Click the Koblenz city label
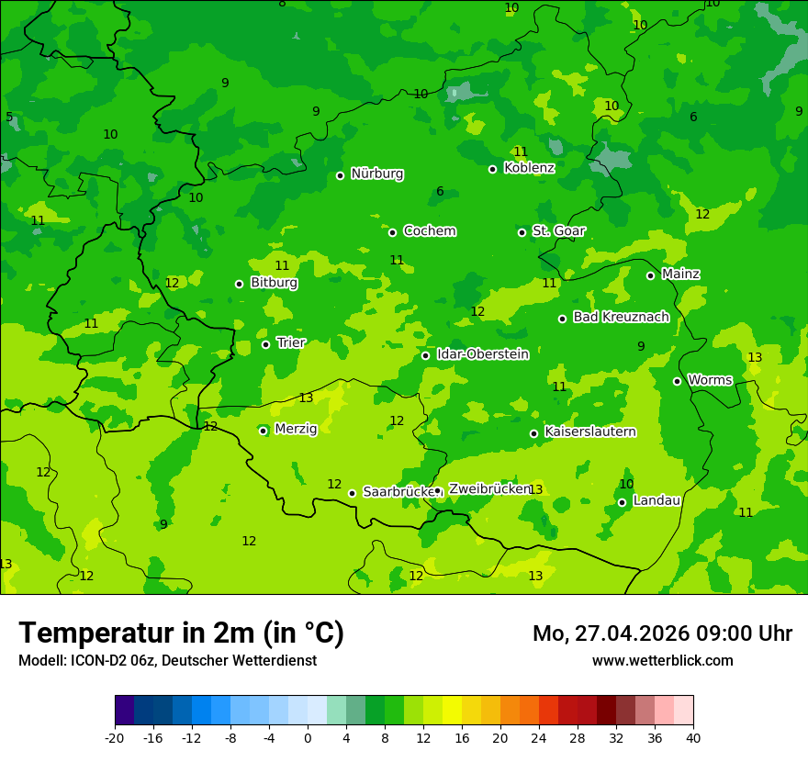pos(529,168)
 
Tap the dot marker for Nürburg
pos(340,175)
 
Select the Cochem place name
pos(429,231)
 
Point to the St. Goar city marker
pos(522,232)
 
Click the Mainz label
pos(680,274)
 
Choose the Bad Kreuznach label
pos(621,317)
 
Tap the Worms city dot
pos(677,381)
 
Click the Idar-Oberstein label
pos(482,354)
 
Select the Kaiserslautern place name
pos(589,431)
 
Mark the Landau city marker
pos(622,502)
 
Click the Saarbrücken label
pos(398,492)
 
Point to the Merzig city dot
pos(263,431)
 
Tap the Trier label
pos(291,342)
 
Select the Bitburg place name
pos(274,283)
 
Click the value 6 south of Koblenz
pos(440,192)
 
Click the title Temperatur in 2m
pos(181,633)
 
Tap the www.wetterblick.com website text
pos(662,660)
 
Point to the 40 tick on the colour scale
pos(692,738)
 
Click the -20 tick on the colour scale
pos(115,738)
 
